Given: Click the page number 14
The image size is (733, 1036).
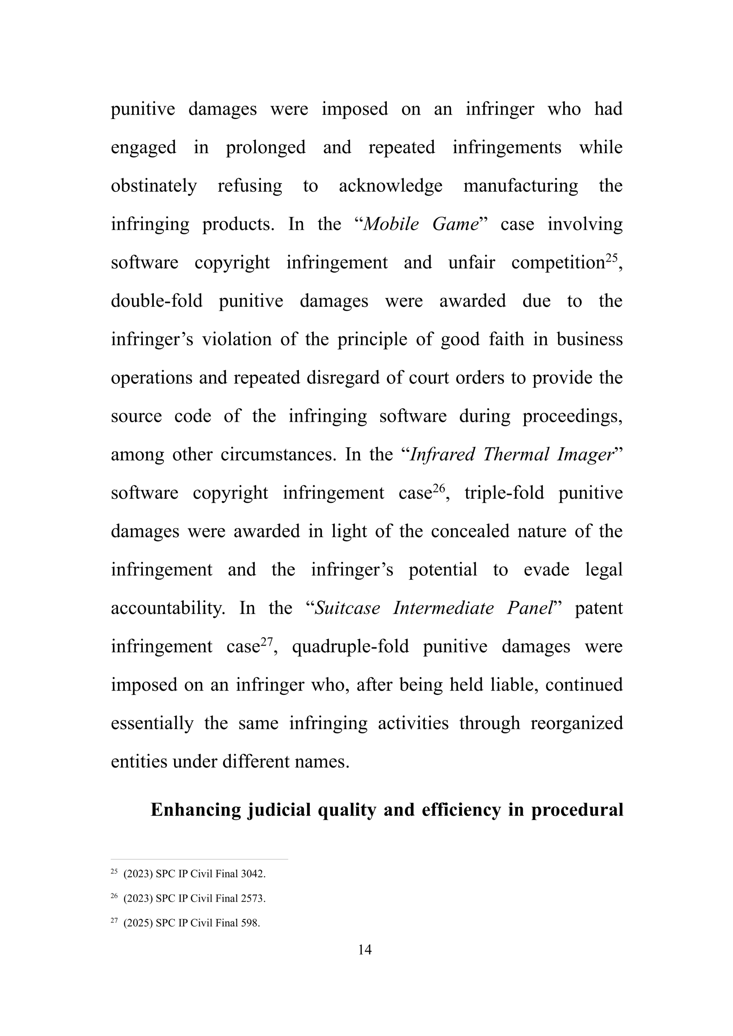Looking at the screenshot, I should pos(365,950).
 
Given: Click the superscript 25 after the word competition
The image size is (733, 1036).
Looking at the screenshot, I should pos(611,258).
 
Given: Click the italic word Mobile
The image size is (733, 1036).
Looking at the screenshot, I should pos(391,224).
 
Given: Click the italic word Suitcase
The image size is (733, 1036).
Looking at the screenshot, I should pos(347,608).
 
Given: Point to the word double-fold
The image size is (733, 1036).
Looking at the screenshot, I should pos(157,301).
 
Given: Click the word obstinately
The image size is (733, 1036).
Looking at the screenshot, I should pos(154,186).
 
